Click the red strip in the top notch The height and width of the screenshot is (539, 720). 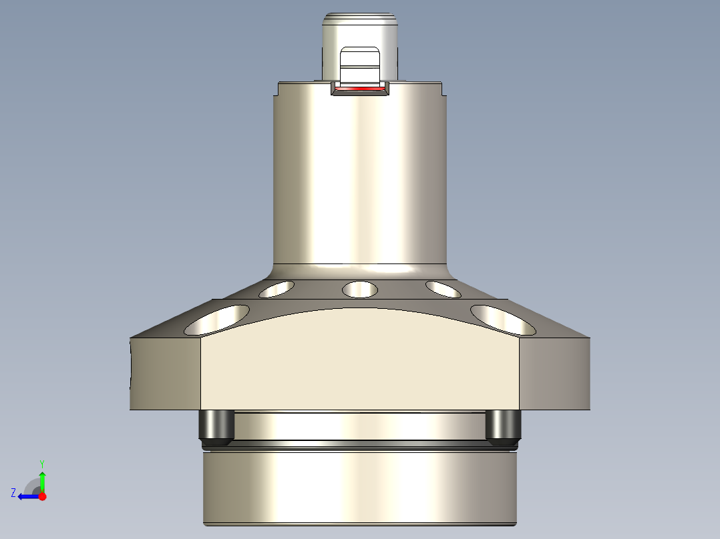(x=360, y=88)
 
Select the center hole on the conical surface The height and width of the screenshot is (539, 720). (x=359, y=290)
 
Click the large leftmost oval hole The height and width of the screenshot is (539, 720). (x=217, y=320)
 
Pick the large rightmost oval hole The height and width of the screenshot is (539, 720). (x=503, y=320)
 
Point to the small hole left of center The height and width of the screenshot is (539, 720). (x=277, y=289)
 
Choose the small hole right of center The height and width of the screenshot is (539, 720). (x=443, y=289)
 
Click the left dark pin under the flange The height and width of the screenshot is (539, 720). (x=216, y=428)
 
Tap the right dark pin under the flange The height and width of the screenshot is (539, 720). (x=503, y=428)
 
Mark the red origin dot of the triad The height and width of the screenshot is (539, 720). (x=42, y=496)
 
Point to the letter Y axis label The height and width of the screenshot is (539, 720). (x=42, y=463)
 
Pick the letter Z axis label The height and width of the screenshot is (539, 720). (x=13, y=492)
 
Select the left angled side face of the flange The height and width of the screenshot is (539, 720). (x=165, y=374)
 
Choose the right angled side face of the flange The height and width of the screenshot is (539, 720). (x=554, y=374)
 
